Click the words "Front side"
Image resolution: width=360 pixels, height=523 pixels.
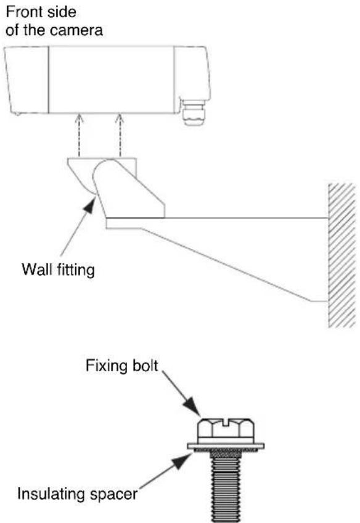tap(41, 12)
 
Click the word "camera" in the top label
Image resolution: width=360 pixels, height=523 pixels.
tap(76, 30)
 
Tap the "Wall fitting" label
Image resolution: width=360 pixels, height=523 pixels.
tap(59, 270)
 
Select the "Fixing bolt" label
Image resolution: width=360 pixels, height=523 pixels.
tap(121, 366)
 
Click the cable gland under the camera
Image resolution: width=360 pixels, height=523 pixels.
tap(194, 112)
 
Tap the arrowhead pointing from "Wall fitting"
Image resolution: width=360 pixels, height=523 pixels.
tap(89, 205)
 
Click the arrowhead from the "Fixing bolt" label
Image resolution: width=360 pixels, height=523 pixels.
tap(192, 407)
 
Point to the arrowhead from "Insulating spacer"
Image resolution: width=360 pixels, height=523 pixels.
tap(181, 460)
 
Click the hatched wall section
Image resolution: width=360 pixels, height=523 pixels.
tap(342, 255)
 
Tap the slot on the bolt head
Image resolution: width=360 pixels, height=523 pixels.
tap(226, 422)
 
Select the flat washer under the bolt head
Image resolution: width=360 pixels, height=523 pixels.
tap(226, 446)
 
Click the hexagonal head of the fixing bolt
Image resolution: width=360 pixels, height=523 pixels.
tap(226, 430)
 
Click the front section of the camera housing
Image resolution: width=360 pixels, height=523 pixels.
tap(27, 80)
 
